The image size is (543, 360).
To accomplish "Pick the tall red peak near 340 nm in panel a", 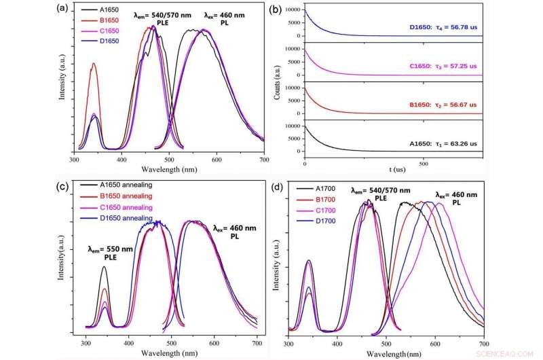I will click(x=94, y=65).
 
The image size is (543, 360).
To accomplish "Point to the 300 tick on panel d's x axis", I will click(x=289, y=344).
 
